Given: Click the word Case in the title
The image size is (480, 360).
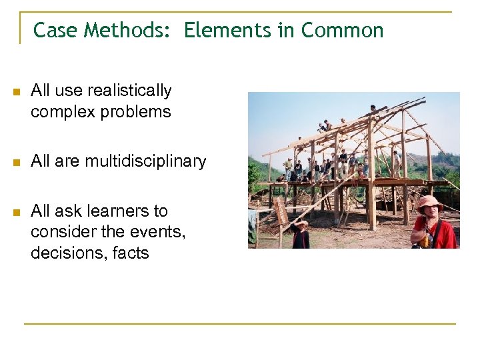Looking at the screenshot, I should tap(52, 30).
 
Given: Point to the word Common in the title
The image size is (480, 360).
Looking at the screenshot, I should tap(342, 30).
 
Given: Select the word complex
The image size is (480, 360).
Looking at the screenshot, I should tap(63, 112).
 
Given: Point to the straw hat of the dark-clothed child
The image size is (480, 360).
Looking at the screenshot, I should tap(301, 223).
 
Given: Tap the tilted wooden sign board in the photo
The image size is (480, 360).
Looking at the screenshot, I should tap(281, 211).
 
